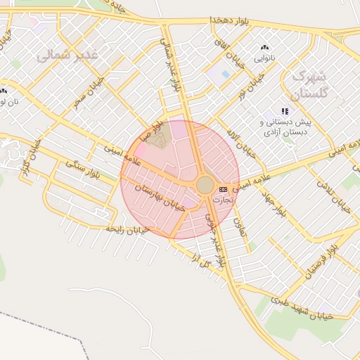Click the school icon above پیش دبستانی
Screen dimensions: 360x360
coord(285,111)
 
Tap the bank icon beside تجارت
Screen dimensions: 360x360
coord(224,189)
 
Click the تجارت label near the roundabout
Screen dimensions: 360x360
coord(222,200)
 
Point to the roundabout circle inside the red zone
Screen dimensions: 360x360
coord(205,185)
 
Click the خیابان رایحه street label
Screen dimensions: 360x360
coord(127,229)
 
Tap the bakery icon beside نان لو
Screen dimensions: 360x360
coord(4,91)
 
